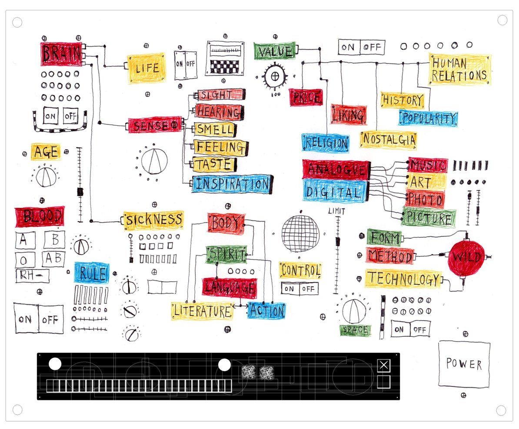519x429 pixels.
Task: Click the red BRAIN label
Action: point(61,54)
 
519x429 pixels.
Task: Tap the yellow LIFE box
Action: point(146,68)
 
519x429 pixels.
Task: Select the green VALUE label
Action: point(274,51)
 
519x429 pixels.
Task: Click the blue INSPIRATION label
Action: point(232,184)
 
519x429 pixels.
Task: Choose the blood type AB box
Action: point(53,259)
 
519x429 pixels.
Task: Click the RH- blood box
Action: point(32,276)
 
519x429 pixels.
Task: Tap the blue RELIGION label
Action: point(326,143)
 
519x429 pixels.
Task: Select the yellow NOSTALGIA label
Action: point(389,140)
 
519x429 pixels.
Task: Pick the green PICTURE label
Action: point(429,218)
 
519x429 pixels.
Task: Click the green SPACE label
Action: point(355,330)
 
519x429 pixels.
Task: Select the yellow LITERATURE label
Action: point(202,311)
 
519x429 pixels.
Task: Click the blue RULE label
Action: point(91,273)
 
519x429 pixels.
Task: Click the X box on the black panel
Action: point(383,366)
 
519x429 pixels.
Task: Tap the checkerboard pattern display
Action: point(225,66)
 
